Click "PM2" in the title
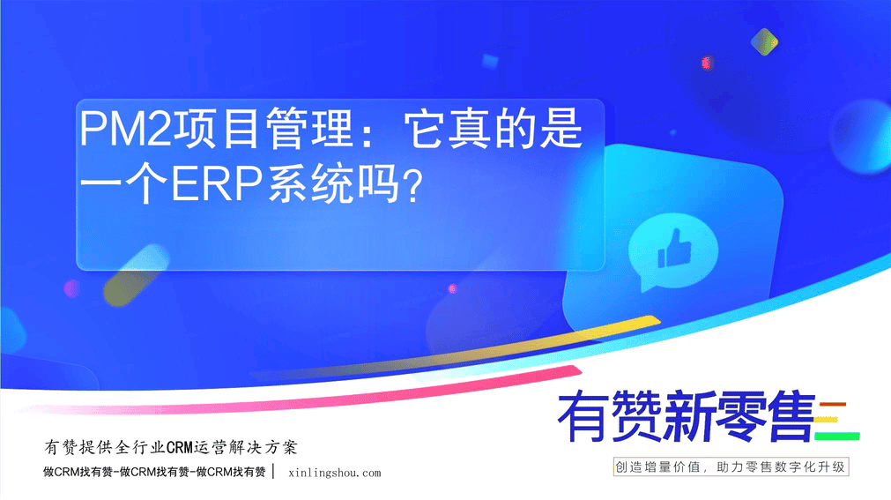tap(125, 129)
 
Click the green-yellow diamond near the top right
tap(764, 41)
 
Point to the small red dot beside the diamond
tap(707, 63)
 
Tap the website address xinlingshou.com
tap(335, 473)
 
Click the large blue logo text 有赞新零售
tap(687, 416)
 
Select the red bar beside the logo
tap(833, 405)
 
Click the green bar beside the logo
tap(837, 437)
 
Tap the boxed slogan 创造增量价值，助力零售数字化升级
tap(731, 467)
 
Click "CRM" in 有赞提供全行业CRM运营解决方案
tap(180, 448)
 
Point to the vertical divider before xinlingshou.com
tap(274, 472)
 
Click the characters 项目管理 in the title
tap(264, 129)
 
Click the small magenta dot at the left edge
tap(71, 288)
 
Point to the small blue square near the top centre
tap(490, 61)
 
